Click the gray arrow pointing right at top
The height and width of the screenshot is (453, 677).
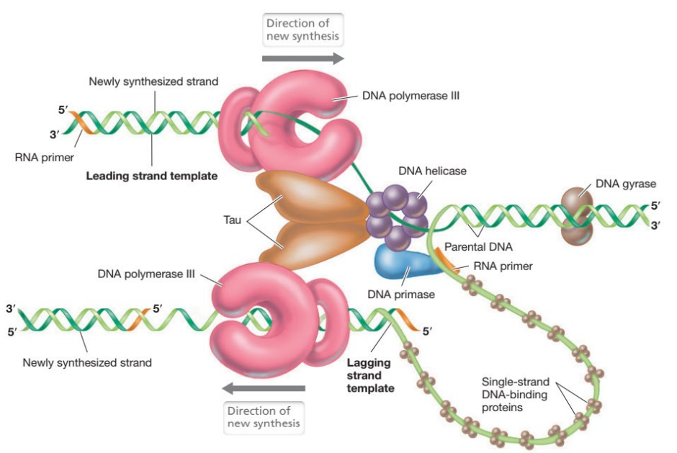pos(302,58)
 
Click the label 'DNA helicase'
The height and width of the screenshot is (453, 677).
pos(432,171)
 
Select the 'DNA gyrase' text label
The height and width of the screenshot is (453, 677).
pos(625,183)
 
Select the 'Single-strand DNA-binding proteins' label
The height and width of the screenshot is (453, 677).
pos(514,395)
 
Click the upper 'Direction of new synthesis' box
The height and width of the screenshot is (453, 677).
pos(302,30)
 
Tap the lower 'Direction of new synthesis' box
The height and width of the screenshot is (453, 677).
pos(264,417)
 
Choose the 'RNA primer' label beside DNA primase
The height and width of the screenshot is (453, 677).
pos(503,266)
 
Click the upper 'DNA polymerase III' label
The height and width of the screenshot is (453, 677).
pos(411,95)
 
